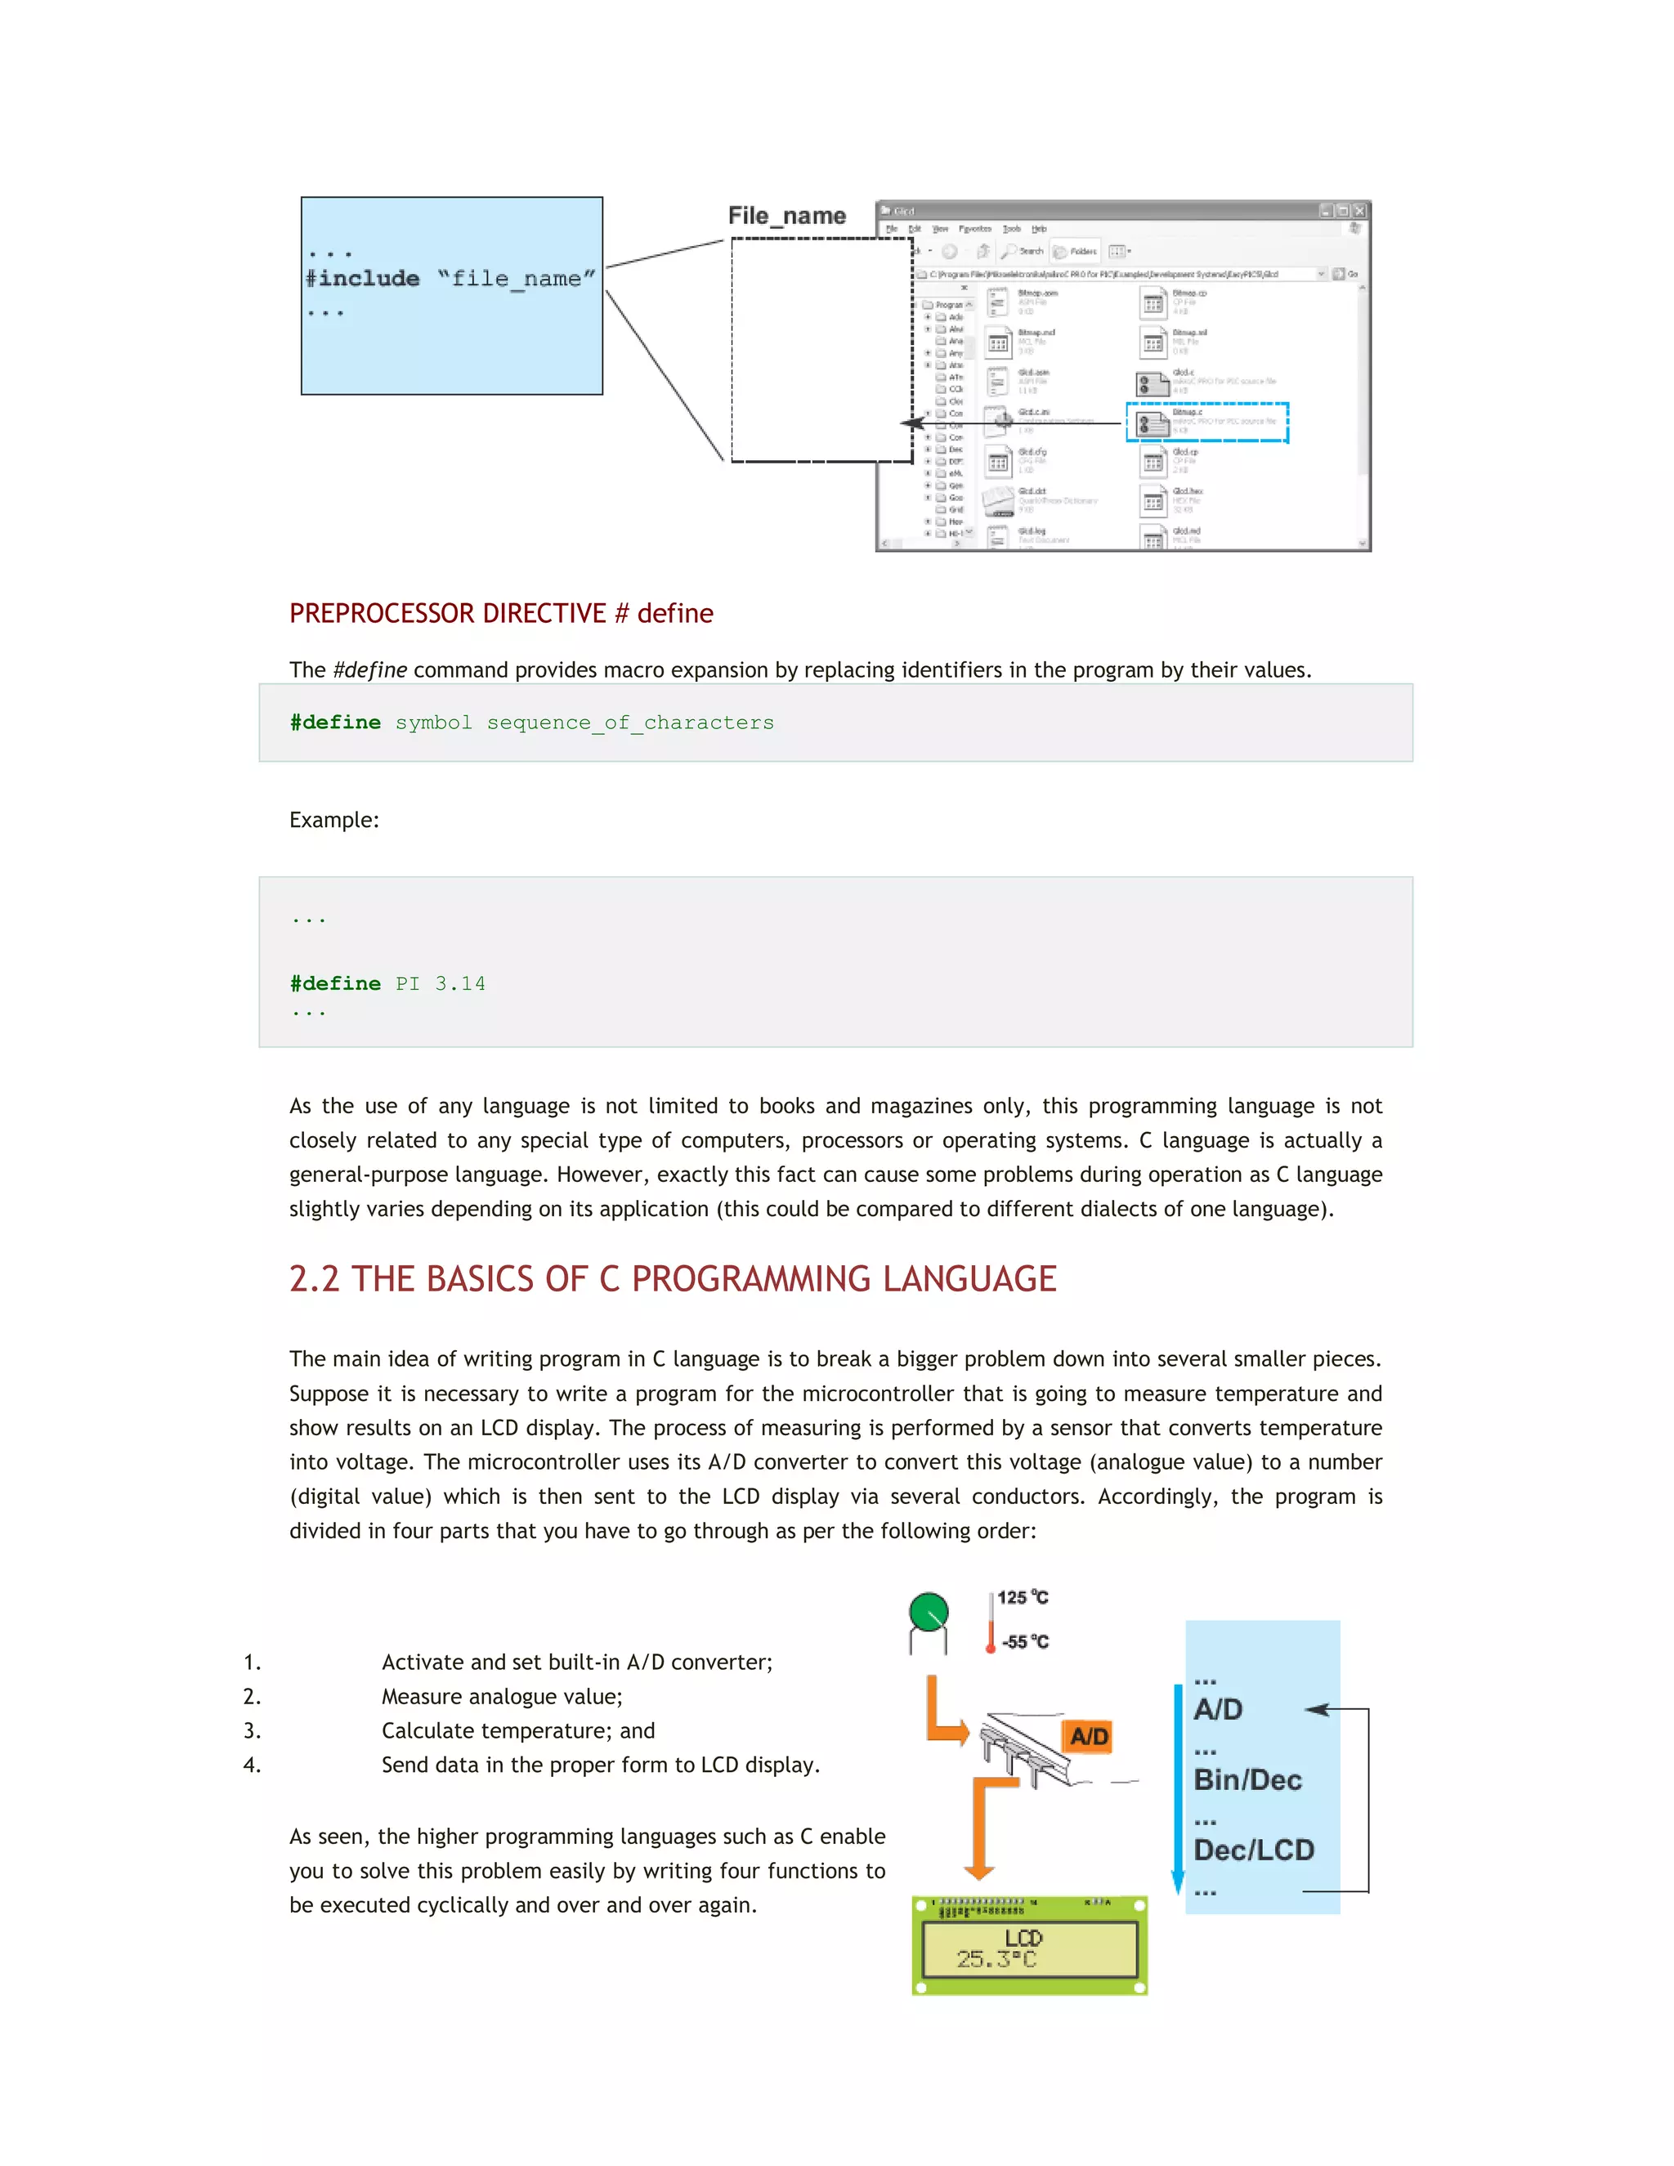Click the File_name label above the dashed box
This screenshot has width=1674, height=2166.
pyautogui.click(x=786, y=217)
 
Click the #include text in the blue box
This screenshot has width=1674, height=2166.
pyautogui.click(x=363, y=279)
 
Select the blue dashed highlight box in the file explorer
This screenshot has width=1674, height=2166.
pyautogui.click(x=1207, y=423)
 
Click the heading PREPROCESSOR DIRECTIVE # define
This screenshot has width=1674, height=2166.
pyautogui.click(x=501, y=614)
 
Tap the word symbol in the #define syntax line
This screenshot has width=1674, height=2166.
pyautogui.click(x=433, y=723)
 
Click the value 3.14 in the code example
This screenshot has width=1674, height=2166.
pyautogui.click(x=460, y=984)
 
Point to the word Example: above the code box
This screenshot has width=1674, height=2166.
pyautogui.click(x=334, y=820)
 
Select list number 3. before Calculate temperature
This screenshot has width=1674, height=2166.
pyautogui.click(x=252, y=1730)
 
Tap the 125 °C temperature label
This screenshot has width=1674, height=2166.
pyautogui.click(x=1022, y=1598)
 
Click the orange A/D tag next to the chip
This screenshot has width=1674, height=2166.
pyautogui.click(x=1089, y=1737)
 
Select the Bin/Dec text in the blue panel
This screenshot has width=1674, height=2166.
pyautogui.click(x=1247, y=1780)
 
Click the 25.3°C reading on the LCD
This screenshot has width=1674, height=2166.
pyautogui.click(x=996, y=1960)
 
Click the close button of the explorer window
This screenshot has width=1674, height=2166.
pyautogui.click(x=1359, y=211)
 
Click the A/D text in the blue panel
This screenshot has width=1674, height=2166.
pyautogui.click(x=1218, y=1710)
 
